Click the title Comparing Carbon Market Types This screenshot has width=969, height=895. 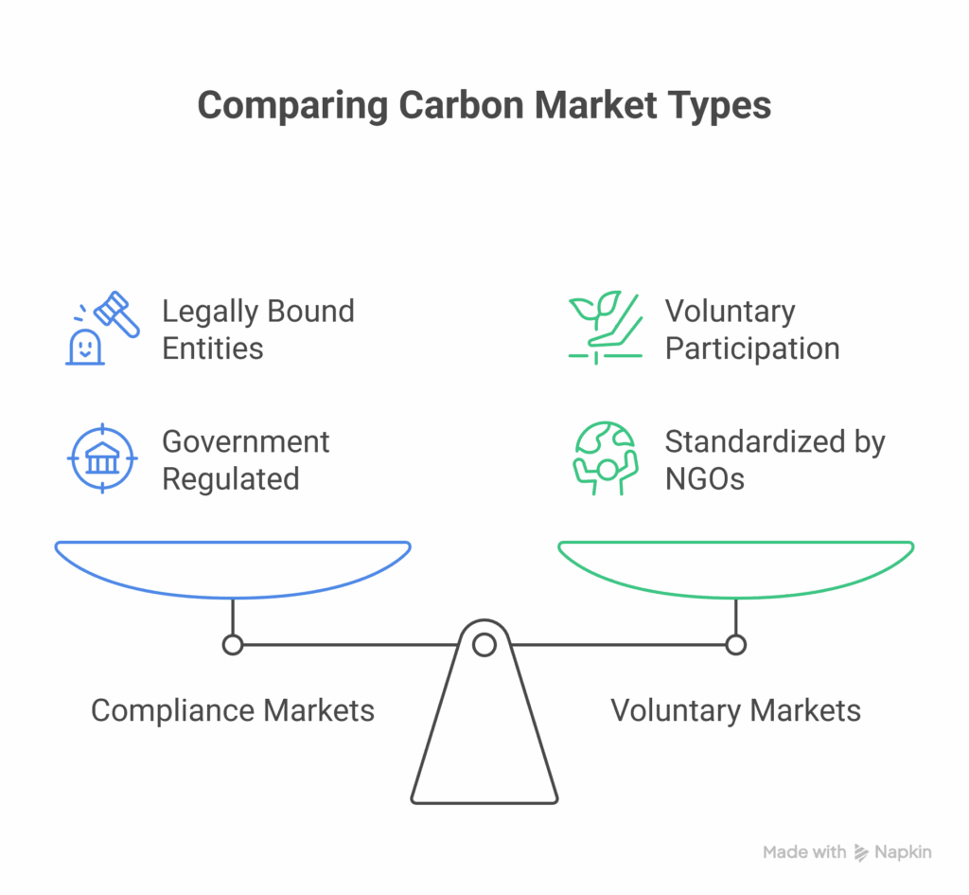[x=484, y=105]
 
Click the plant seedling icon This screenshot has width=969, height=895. [x=604, y=327]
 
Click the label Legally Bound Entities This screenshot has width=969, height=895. [x=257, y=329]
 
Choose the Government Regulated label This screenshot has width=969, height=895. [x=245, y=459]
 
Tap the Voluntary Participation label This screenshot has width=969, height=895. [x=751, y=329]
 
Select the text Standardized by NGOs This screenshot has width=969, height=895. [x=774, y=459]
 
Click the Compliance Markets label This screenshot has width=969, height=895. [x=233, y=710]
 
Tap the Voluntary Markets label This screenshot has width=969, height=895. [x=735, y=710]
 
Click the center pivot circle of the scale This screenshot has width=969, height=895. [x=484, y=646]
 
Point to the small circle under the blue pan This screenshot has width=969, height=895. [x=233, y=646]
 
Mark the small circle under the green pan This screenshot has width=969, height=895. [x=736, y=646]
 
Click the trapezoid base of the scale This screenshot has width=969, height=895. [x=484, y=748]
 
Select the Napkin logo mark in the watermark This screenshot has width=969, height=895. [x=861, y=852]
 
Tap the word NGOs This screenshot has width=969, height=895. [x=704, y=478]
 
